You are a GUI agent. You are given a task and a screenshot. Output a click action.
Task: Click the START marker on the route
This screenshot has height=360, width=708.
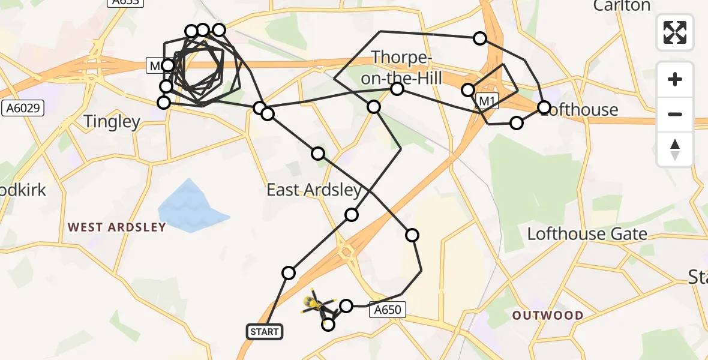pyautogui.click(x=264, y=331)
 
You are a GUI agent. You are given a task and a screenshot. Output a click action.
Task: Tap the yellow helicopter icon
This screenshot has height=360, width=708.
pyautogui.click(x=313, y=303)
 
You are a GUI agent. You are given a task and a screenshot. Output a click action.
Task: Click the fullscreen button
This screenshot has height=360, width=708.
pyautogui.click(x=675, y=32)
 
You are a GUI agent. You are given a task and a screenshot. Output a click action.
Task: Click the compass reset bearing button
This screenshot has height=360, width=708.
pyautogui.click(x=675, y=149)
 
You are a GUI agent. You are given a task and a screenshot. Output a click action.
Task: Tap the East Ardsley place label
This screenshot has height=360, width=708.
pyautogui.click(x=314, y=191)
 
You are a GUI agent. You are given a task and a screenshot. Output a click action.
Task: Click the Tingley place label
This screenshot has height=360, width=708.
pyautogui.click(x=112, y=122)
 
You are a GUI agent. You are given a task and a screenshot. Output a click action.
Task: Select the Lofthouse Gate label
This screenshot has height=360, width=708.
pyautogui.click(x=587, y=233)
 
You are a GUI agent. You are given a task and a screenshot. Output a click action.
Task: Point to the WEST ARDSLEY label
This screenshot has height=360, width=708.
pyautogui.click(x=116, y=227)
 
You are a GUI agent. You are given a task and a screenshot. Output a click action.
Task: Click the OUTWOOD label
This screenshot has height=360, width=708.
pyautogui.click(x=548, y=315)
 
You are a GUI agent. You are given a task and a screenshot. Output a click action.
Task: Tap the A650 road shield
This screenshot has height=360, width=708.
pyautogui.click(x=388, y=310)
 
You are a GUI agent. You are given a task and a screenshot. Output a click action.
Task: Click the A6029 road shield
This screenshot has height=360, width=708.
pyautogui.click(x=23, y=108)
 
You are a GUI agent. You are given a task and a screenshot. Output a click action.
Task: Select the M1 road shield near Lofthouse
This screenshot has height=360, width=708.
pyautogui.click(x=487, y=101)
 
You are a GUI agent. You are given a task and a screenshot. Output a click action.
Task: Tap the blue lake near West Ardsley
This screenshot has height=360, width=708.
pyautogui.click(x=191, y=208)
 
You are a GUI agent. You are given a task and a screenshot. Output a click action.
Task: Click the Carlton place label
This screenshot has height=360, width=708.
pyautogui.click(x=622, y=6)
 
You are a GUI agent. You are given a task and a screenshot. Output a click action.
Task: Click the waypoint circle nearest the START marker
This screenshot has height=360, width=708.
pyautogui.click(x=289, y=273)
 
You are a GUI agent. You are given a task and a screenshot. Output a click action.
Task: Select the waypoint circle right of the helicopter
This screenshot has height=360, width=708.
pyautogui.click(x=346, y=306)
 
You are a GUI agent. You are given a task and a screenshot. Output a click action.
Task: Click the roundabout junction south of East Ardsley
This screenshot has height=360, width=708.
pyautogui.click(x=346, y=252)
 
